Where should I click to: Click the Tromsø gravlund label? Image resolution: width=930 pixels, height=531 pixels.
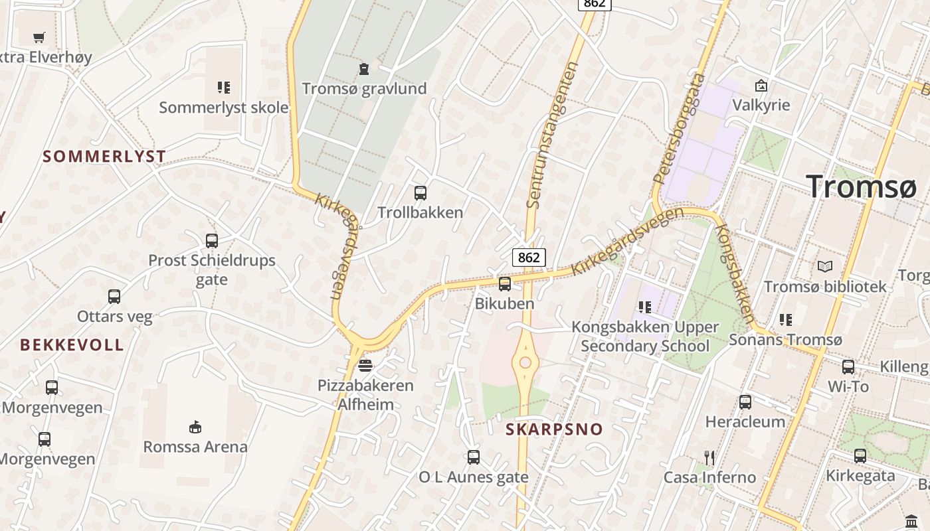(x=364, y=88)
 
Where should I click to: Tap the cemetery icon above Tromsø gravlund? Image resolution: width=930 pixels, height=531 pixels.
(x=364, y=68)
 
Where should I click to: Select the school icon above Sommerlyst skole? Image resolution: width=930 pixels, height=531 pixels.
(x=223, y=87)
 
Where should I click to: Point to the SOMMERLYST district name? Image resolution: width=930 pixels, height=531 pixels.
(x=104, y=157)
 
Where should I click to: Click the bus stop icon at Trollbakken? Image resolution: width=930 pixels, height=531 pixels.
(x=420, y=193)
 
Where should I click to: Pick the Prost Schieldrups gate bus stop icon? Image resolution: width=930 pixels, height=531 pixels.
(x=212, y=241)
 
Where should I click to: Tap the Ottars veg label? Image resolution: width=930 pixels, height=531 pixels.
(x=115, y=316)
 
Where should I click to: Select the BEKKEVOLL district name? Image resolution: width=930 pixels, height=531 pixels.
(x=72, y=345)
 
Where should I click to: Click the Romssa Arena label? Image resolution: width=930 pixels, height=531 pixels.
(x=195, y=446)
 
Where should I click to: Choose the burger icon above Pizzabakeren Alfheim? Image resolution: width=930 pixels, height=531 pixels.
(x=365, y=365)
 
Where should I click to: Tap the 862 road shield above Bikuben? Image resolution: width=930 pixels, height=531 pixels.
(x=529, y=257)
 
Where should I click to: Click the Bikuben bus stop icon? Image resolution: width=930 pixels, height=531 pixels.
(x=505, y=284)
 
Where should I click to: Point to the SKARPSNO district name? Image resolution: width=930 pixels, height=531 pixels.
(x=554, y=429)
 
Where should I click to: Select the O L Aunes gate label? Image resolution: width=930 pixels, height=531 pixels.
(x=474, y=477)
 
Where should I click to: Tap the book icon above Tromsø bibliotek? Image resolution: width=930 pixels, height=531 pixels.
(x=824, y=266)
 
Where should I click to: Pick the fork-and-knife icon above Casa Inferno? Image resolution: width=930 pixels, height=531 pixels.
(x=709, y=457)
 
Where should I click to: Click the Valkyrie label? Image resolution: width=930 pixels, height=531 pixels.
(x=761, y=105)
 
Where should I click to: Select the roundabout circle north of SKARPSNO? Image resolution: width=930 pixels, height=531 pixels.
(x=525, y=362)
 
